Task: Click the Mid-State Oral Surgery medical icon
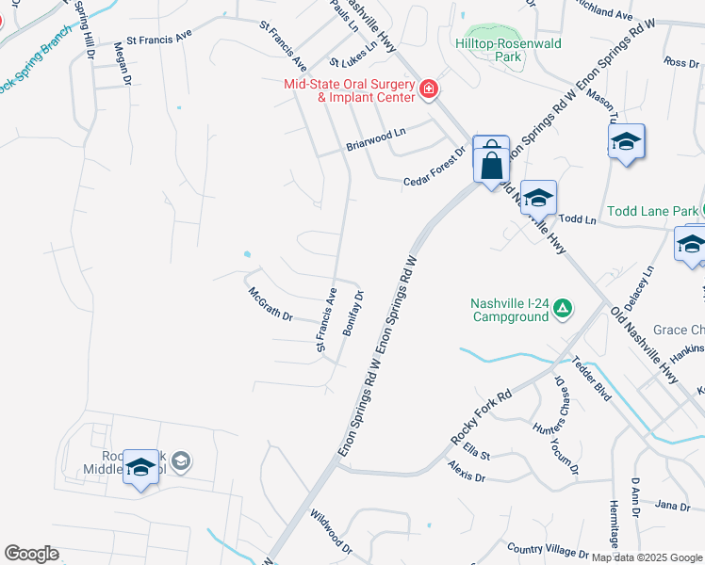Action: coord(429,89)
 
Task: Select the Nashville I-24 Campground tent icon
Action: coord(562,308)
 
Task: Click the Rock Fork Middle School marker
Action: coord(140,467)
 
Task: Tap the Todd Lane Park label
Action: coord(652,211)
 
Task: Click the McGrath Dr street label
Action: coord(271,303)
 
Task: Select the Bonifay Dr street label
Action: coord(353,314)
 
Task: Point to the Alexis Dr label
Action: coord(467,473)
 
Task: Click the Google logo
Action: coord(31,554)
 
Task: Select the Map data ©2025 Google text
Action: coord(647,557)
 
